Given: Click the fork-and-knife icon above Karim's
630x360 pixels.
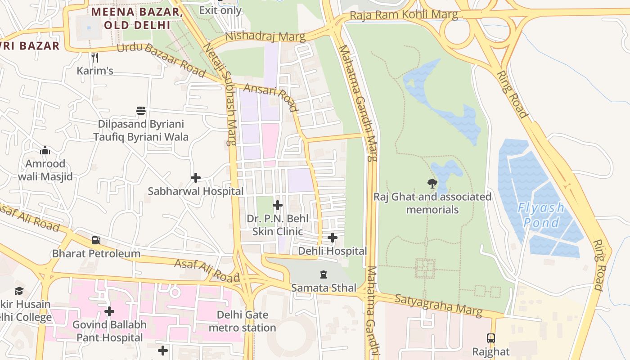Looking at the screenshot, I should tap(94, 57).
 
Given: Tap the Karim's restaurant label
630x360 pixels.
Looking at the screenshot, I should tap(94, 71).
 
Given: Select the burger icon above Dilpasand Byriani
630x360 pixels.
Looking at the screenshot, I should tap(141, 111).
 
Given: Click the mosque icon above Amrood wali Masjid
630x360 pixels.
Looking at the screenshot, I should tap(45, 150).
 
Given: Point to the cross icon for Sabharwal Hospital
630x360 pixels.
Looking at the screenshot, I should tap(196, 178).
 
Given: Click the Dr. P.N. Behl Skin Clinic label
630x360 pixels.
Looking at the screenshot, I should tap(278, 225).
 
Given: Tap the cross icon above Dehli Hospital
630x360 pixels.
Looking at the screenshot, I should tap(333, 238).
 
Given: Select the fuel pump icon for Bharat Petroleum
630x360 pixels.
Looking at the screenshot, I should tap(96, 240).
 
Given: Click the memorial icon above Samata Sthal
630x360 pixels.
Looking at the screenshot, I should tap(323, 274).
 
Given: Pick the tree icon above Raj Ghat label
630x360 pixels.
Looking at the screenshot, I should tap(432, 183).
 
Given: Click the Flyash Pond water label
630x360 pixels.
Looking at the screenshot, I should tap(541, 215).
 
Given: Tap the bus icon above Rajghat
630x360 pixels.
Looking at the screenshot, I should tap(490, 338).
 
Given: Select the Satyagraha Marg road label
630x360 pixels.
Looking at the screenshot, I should tap(438, 305).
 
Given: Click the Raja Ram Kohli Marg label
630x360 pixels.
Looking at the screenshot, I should tap(404, 15).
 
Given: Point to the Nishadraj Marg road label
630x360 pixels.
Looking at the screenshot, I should tap(265, 36).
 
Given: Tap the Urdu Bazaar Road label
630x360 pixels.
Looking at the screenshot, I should tap(161, 61).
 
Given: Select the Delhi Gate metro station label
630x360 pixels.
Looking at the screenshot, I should tap(243, 321).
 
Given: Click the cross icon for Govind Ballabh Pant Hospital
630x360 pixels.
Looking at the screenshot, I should tap(109, 311).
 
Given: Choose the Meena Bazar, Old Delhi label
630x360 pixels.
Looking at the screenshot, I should tap(137, 18).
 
